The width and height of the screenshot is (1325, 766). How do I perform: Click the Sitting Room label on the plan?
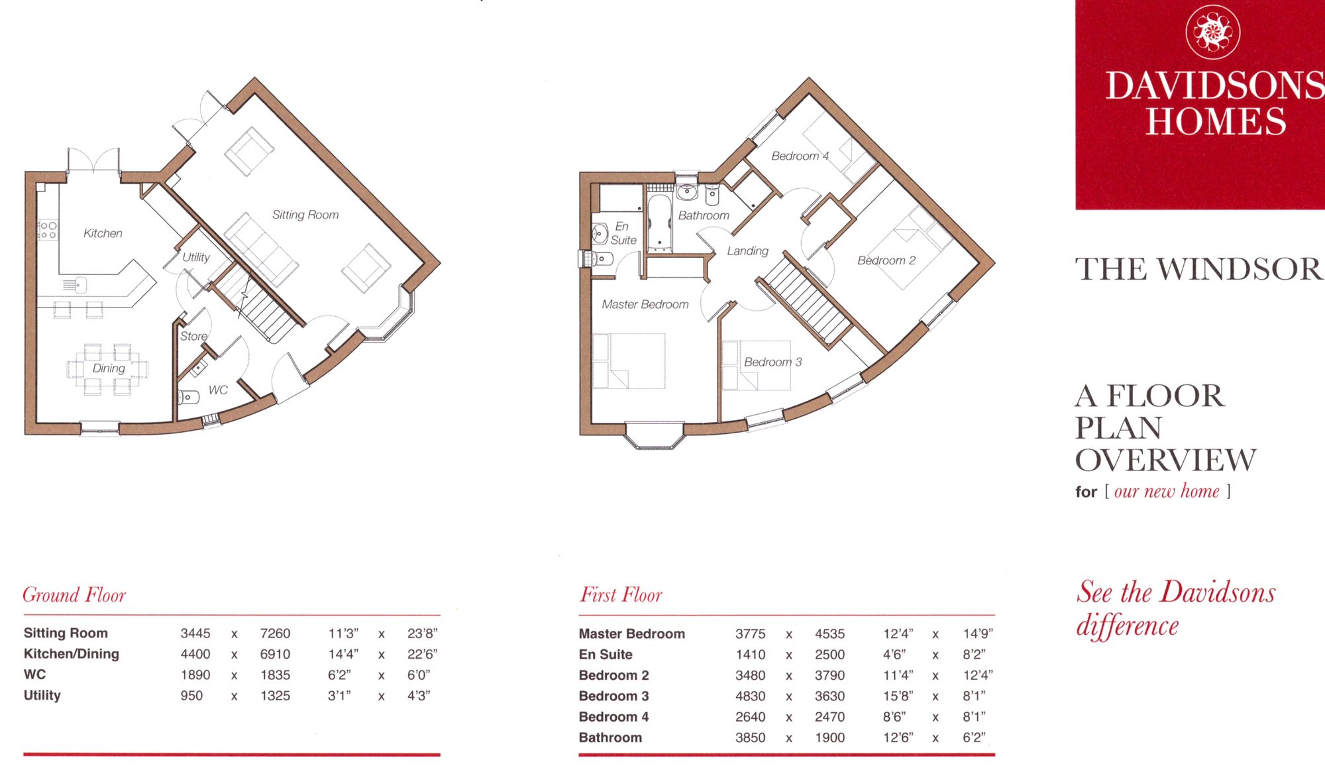[x=305, y=215]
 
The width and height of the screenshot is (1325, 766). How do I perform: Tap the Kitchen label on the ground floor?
[x=103, y=233]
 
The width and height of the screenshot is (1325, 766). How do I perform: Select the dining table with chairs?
[x=107, y=368]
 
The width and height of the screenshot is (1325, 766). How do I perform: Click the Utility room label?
[x=196, y=257]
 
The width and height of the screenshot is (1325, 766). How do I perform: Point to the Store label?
[x=193, y=336]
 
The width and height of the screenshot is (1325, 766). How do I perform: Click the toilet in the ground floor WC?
[x=189, y=398]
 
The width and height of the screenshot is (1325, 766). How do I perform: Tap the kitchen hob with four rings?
[x=47, y=230]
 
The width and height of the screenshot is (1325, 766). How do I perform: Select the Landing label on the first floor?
[x=747, y=250]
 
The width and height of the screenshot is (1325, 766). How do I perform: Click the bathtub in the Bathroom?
[x=659, y=222]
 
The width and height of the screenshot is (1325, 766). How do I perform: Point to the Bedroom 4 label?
[x=800, y=156]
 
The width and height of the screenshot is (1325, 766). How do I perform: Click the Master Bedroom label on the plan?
[x=645, y=304]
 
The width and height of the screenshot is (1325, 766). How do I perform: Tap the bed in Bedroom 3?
[x=757, y=365]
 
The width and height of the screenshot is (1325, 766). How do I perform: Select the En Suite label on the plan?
[x=623, y=233]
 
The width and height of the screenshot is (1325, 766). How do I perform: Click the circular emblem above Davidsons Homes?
[x=1212, y=31]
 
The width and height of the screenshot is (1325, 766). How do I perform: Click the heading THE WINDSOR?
[x=1198, y=269]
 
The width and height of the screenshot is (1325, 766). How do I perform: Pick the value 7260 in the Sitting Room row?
[x=275, y=633]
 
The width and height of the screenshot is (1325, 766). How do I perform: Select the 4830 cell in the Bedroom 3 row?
[x=750, y=696]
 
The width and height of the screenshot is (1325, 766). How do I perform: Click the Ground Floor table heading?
[x=74, y=594]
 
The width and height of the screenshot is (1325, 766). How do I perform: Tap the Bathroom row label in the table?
[x=610, y=738]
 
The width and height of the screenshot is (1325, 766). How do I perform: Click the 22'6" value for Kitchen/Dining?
[x=422, y=654]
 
